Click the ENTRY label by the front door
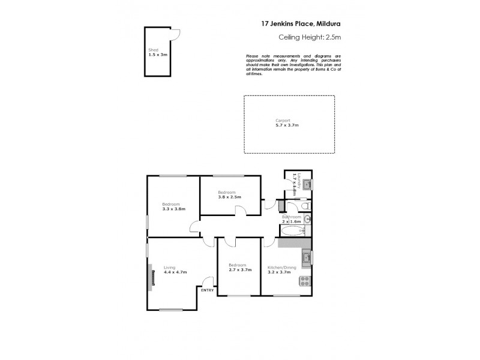pos(208,290)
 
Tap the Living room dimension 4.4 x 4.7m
pos(175,272)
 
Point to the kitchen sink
pos(307,258)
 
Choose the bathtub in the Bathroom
pos(294,231)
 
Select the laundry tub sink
pos(306,184)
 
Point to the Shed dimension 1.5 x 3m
pos(157,55)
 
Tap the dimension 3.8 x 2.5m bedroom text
pos(229,196)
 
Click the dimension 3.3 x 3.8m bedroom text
pos(173,209)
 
